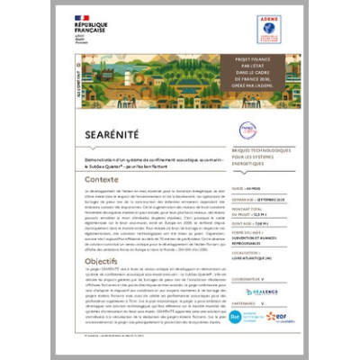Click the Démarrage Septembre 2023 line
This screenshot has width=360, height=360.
point(256,199)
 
